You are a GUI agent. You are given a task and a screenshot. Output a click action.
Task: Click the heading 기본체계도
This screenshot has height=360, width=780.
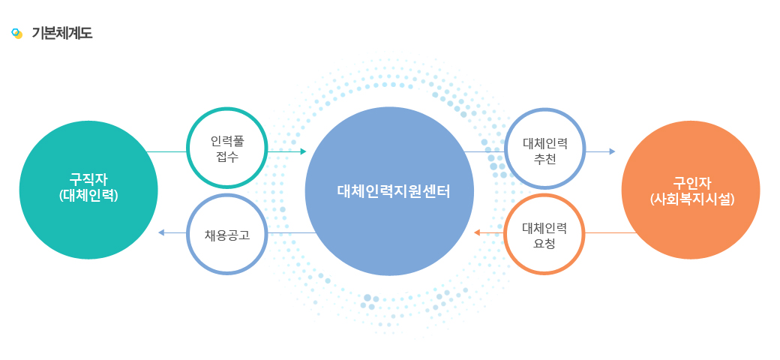tap(61, 33)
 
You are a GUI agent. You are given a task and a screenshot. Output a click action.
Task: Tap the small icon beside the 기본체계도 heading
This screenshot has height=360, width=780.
tap(17, 33)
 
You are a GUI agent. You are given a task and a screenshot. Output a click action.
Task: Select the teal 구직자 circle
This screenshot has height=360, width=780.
tap(88, 190)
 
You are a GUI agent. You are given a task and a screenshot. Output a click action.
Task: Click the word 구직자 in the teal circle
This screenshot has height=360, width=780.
tap(88, 179)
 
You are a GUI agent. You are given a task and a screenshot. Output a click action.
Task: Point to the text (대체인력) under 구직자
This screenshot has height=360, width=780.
tap(88, 196)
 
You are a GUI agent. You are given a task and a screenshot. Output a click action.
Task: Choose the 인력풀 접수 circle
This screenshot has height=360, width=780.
tap(227, 148)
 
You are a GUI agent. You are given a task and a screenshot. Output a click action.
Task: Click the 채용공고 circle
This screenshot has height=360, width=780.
tap(227, 234)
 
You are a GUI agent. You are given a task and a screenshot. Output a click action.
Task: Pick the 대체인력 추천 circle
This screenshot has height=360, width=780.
tap(545, 148)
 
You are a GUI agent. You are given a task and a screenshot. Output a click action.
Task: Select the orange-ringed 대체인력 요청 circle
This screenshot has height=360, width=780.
tap(544, 234)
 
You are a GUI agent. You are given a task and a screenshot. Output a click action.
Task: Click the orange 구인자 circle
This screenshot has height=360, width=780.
tap(691, 190)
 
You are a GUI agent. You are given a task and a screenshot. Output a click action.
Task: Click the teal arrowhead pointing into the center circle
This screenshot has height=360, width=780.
tap(304, 151)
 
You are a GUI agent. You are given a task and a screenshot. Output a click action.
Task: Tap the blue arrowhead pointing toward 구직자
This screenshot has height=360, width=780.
tap(160, 232)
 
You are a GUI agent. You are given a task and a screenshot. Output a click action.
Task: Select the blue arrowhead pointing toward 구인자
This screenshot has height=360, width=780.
tap(612, 151)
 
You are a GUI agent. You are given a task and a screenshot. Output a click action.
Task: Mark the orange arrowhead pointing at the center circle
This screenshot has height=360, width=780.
tap(476, 232)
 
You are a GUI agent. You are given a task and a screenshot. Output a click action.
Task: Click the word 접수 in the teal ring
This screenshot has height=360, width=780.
tap(227, 158)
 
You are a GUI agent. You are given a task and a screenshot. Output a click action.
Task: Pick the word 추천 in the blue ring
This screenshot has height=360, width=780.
tap(544, 160)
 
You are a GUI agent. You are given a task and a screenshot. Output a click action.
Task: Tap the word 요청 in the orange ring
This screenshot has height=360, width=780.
tap(544, 244)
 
